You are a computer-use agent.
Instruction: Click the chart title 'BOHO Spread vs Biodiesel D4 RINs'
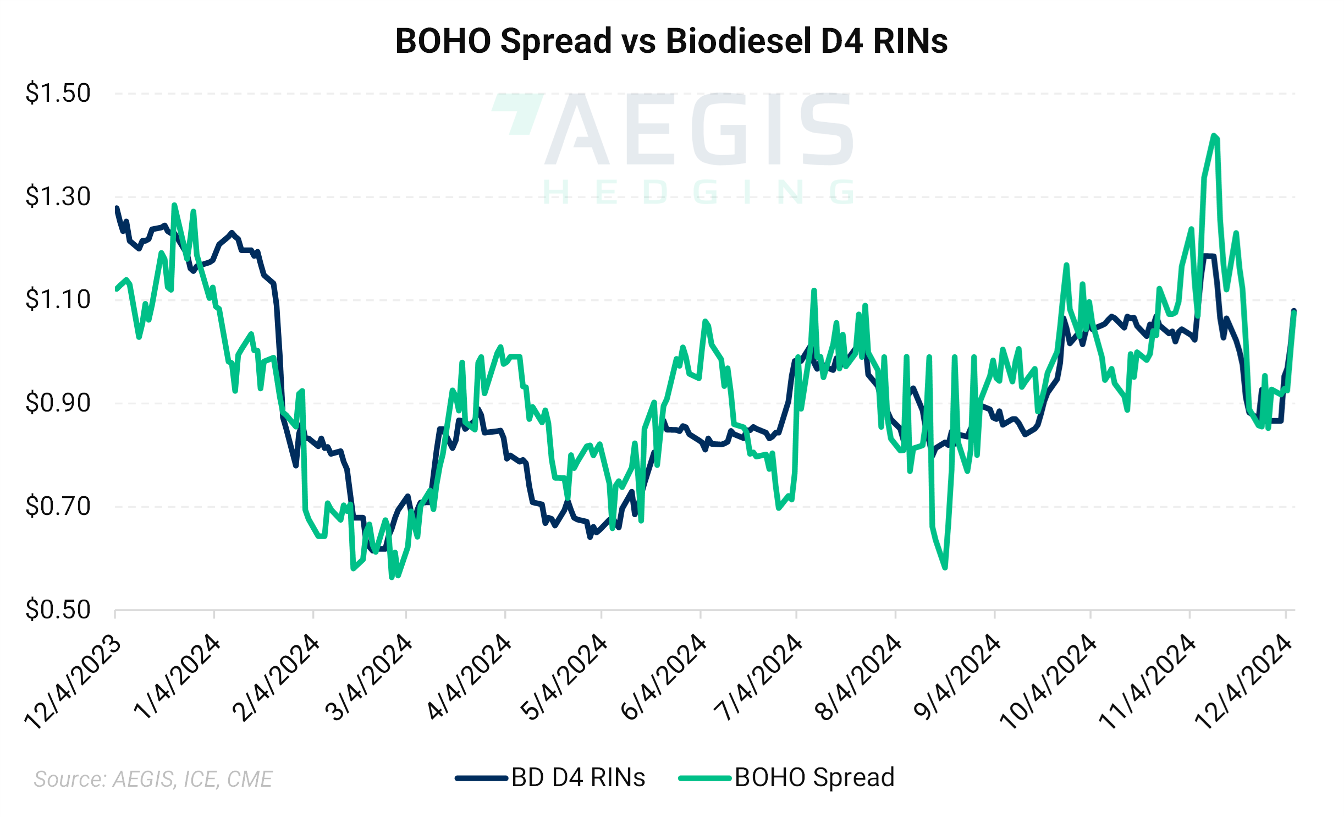(671, 41)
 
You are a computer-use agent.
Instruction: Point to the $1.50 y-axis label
(58, 93)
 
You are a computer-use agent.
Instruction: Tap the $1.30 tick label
(58, 196)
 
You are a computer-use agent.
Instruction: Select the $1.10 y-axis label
(58, 300)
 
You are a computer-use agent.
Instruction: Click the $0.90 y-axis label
(58, 403)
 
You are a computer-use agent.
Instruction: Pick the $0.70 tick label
(58, 506)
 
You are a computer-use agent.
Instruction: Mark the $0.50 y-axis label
(58, 610)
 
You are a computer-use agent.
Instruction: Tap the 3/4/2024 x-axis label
(368, 678)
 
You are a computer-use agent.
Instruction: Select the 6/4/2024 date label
(663, 678)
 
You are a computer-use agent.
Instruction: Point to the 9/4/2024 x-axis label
(957, 678)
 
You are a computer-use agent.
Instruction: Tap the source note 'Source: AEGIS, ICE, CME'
(153, 779)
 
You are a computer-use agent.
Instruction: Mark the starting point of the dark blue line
(117, 208)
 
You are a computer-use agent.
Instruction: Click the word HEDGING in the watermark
(698, 192)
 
